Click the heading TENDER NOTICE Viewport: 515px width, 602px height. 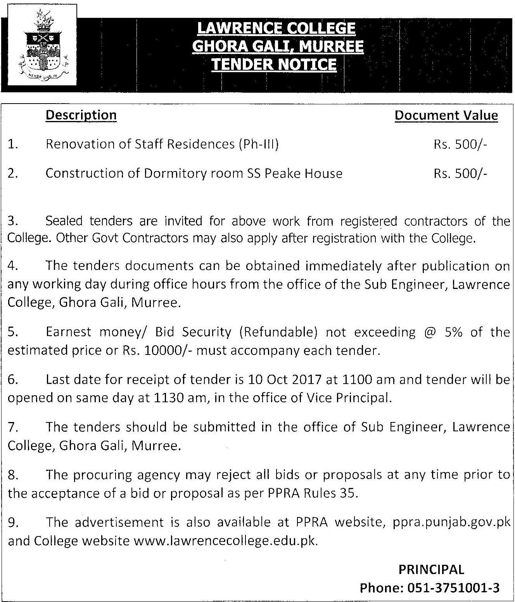pyautogui.click(x=274, y=64)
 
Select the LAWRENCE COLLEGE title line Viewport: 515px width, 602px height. pyautogui.click(x=276, y=28)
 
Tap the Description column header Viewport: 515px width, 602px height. pyautogui.click(x=81, y=115)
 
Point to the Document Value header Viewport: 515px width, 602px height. pyautogui.click(x=446, y=115)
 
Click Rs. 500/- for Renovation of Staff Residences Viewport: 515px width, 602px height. pyautogui.click(x=460, y=144)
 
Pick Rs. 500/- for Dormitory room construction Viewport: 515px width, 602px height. pyautogui.click(x=460, y=173)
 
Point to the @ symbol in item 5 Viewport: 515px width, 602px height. pyautogui.click(x=428, y=332)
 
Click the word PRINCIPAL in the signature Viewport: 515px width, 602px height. pyautogui.click(x=431, y=569)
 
